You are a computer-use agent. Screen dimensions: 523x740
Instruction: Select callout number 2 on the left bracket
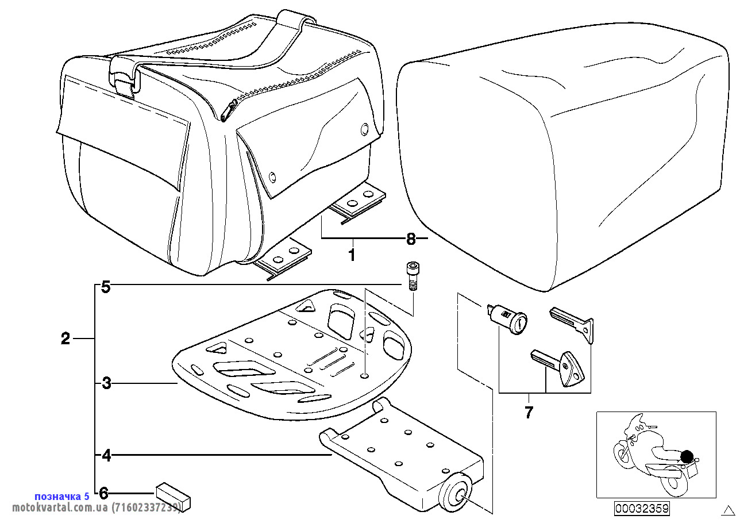pyautogui.click(x=65, y=339)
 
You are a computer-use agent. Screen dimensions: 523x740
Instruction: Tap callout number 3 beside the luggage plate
pyautogui.click(x=106, y=383)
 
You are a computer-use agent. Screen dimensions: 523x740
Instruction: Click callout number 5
pyautogui.click(x=106, y=287)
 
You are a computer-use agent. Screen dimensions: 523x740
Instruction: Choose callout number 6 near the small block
pyautogui.click(x=104, y=493)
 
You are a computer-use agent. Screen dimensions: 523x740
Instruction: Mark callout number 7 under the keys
pyautogui.click(x=529, y=412)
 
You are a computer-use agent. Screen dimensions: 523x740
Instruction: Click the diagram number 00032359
pyautogui.click(x=642, y=508)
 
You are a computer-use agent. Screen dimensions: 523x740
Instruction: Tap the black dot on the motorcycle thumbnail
pyautogui.click(x=686, y=457)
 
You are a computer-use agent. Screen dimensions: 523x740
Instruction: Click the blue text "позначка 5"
pyautogui.click(x=62, y=496)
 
